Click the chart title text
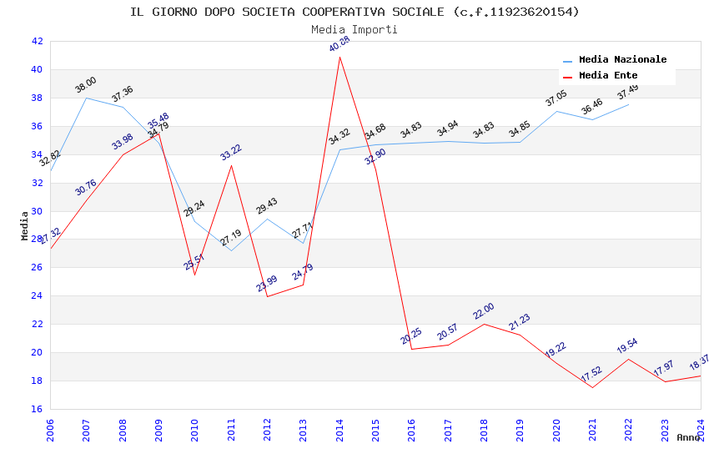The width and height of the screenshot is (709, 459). (x=354, y=12)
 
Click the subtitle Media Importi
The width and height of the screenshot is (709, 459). (x=354, y=29)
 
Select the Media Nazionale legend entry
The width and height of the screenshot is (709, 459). (x=622, y=60)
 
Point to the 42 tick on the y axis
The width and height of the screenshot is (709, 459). (x=37, y=41)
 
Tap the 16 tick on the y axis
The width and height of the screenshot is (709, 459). (x=37, y=409)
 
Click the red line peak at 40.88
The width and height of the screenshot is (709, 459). (x=339, y=57)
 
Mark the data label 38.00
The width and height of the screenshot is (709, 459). (x=86, y=84)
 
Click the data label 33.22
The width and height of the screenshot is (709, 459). (x=231, y=152)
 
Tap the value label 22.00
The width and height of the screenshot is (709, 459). (x=484, y=310)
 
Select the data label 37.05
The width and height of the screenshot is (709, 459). (x=556, y=98)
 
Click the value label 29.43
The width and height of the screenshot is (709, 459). (x=267, y=206)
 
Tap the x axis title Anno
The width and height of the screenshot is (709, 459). (x=688, y=437)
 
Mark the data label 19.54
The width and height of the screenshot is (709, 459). (x=628, y=346)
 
